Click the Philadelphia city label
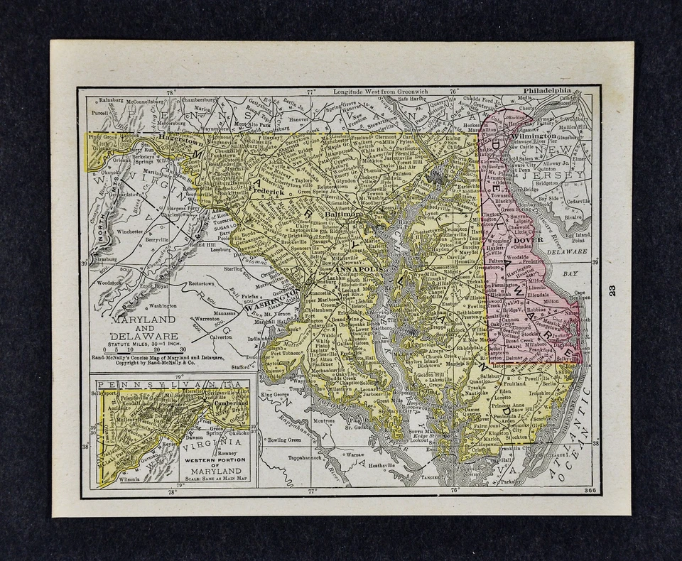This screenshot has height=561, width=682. (547, 92)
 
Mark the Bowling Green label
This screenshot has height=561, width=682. (287, 441)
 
